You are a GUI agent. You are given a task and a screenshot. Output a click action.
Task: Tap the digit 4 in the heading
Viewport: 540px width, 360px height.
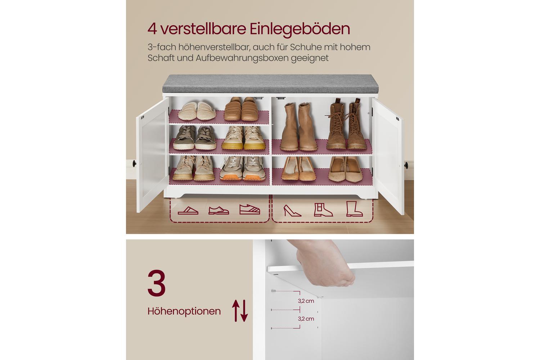pos(152,29)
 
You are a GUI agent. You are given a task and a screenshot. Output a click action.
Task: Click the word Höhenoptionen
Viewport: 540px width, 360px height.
pos(184,311)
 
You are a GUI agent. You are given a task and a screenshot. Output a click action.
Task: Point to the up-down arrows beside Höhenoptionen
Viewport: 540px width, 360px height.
pos(240,311)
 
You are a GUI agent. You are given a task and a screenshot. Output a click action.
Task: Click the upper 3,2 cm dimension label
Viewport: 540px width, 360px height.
pos(306,301)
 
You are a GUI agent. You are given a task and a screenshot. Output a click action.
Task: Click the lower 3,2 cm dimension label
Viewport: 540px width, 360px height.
pos(306,319)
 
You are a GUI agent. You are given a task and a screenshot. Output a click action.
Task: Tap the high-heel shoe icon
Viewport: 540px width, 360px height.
pos(292,211)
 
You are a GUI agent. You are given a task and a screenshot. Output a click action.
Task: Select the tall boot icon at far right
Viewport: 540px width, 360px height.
pos(354,209)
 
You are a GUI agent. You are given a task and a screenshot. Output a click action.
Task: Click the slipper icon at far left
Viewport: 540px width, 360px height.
pos(188,211)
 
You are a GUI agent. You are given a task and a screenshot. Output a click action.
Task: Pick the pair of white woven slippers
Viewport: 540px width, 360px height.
pos(197,111)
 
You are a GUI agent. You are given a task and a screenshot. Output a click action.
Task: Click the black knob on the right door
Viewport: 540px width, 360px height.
pos(406,165)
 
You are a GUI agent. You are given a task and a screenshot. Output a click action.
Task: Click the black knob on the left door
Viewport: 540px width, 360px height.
pos(134,163)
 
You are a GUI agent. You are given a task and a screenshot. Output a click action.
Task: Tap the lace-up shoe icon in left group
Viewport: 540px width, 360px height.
pos(219,210)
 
